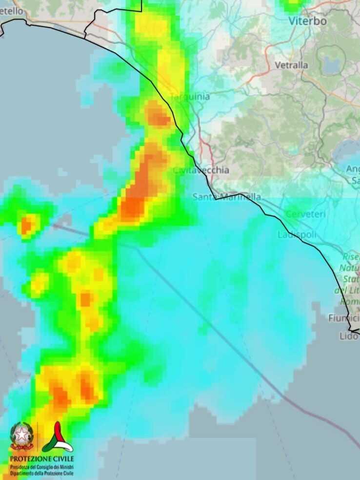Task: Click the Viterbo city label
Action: (307, 21)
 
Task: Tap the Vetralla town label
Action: (291, 65)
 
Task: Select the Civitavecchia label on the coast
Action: (201, 170)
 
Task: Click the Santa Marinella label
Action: (226, 197)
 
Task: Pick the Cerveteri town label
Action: (305, 214)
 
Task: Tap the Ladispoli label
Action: (297, 235)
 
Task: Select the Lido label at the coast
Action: (349, 336)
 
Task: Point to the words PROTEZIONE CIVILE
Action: (42, 459)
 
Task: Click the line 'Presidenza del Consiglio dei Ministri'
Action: (42, 467)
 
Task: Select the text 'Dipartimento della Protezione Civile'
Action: (42, 473)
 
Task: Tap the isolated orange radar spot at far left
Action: (28, 225)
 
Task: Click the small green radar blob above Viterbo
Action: (293, 5)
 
